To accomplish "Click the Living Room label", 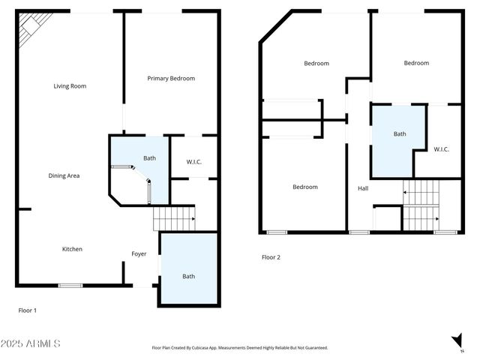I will (70, 86).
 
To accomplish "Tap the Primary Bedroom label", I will (171, 78).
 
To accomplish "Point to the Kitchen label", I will (72, 249).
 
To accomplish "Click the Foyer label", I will (139, 254).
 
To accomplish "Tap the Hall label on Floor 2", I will (363, 188).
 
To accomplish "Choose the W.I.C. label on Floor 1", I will (193, 162).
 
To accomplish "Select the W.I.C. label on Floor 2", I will (441, 149).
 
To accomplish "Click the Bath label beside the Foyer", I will (188, 277).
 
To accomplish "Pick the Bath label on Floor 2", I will (400, 134).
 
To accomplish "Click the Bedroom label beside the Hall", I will (304, 187).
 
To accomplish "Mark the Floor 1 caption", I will (27, 310).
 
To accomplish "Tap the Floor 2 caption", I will (271, 257).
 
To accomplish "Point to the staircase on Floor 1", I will (173, 218).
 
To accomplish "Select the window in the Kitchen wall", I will (70, 285).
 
